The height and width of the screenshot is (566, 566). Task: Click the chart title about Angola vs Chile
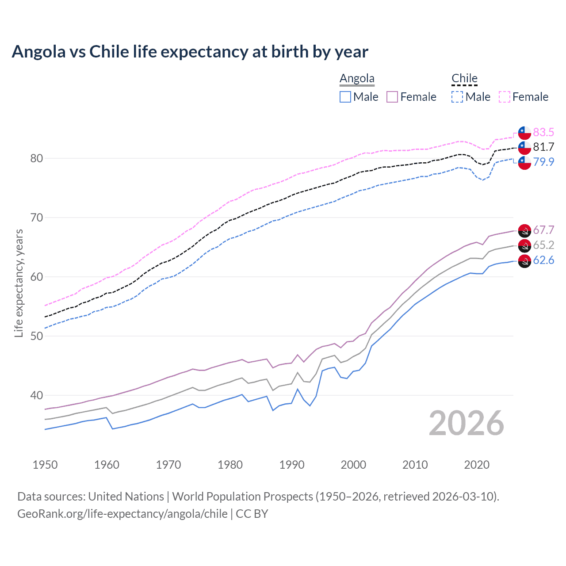(190, 52)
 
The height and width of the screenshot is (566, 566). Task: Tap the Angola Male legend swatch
(345, 97)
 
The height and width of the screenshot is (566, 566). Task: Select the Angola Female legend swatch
(392, 97)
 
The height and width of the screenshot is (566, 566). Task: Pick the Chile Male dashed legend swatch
(457, 97)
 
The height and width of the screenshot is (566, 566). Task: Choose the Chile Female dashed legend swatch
(505, 97)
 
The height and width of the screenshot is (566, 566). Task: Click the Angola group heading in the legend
(357, 79)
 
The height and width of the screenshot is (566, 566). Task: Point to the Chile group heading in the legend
(464, 79)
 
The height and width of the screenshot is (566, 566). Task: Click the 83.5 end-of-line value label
(543, 132)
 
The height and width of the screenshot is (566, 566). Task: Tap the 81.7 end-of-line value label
(543, 147)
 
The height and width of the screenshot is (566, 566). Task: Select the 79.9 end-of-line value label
(543, 162)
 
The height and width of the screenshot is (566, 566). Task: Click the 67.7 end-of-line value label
(543, 230)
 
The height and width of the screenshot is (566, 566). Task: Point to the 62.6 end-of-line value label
(543, 260)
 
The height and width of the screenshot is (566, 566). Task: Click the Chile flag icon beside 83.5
(524, 133)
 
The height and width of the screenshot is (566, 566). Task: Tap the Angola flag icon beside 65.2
(524, 245)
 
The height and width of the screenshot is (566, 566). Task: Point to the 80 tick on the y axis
(36, 158)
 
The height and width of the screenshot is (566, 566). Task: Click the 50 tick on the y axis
(36, 336)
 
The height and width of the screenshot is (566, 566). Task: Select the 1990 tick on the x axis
(292, 465)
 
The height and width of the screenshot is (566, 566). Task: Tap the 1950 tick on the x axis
(45, 465)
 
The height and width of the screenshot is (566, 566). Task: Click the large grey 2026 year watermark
(467, 423)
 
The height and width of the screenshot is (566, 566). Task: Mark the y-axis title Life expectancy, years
(19, 283)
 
